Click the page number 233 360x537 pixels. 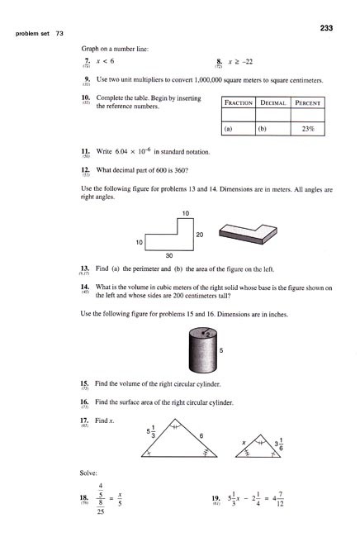[325, 28]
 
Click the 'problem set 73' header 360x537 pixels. [36, 33]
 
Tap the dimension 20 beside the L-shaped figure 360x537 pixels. [199, 234]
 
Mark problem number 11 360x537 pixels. [85, 152]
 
